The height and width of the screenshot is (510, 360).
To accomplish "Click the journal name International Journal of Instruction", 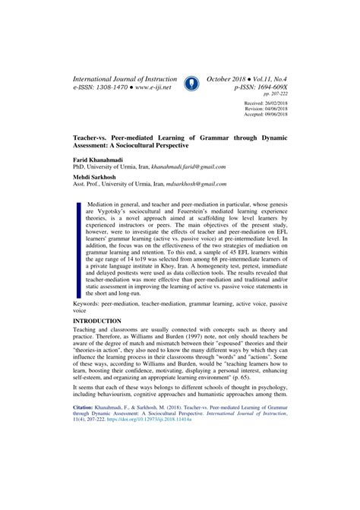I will tap(125, 78).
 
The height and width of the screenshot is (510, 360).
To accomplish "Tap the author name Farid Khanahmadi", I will tap(101, 161).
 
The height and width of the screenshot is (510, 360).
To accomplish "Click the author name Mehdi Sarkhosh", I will tap(99, 177).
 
